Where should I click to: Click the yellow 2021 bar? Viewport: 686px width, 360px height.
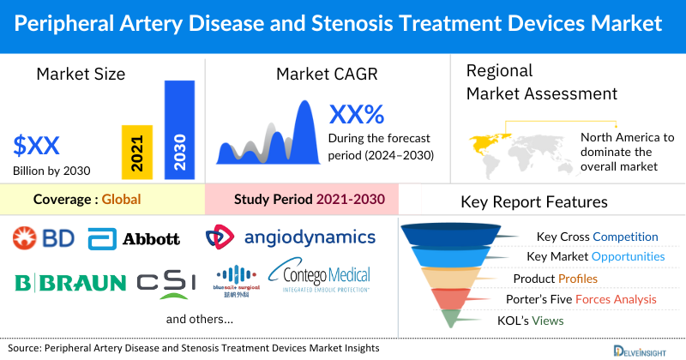pyautogui.click(x=136, y=150)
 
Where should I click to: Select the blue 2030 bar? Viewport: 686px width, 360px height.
pyautogui.click(x=179, y=129)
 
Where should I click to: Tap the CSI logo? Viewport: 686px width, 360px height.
pyautogui.click(x=166, y=282)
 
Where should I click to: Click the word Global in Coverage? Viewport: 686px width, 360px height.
pyautogui.click(x=121, y=201)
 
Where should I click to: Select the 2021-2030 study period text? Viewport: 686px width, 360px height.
pyautogui.click(x=351, y=201)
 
